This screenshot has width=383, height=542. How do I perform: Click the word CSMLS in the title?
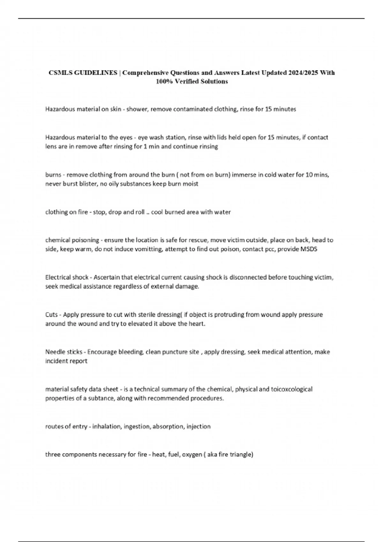(x=60, y=73)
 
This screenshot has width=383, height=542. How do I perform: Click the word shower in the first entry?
(x=137, y=109)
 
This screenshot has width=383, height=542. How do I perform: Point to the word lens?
(x=51, y=147)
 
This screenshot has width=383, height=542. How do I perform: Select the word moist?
(x=191, y=184)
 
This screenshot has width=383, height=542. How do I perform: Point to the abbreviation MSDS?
(x=309, y=249)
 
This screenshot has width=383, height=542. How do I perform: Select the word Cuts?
(x=51, y=315)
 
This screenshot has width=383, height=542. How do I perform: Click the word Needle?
(x=55, y=352)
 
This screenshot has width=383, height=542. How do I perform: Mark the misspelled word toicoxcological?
(x=291, y=389)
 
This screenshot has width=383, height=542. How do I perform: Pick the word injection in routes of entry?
(x=199, y=427)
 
